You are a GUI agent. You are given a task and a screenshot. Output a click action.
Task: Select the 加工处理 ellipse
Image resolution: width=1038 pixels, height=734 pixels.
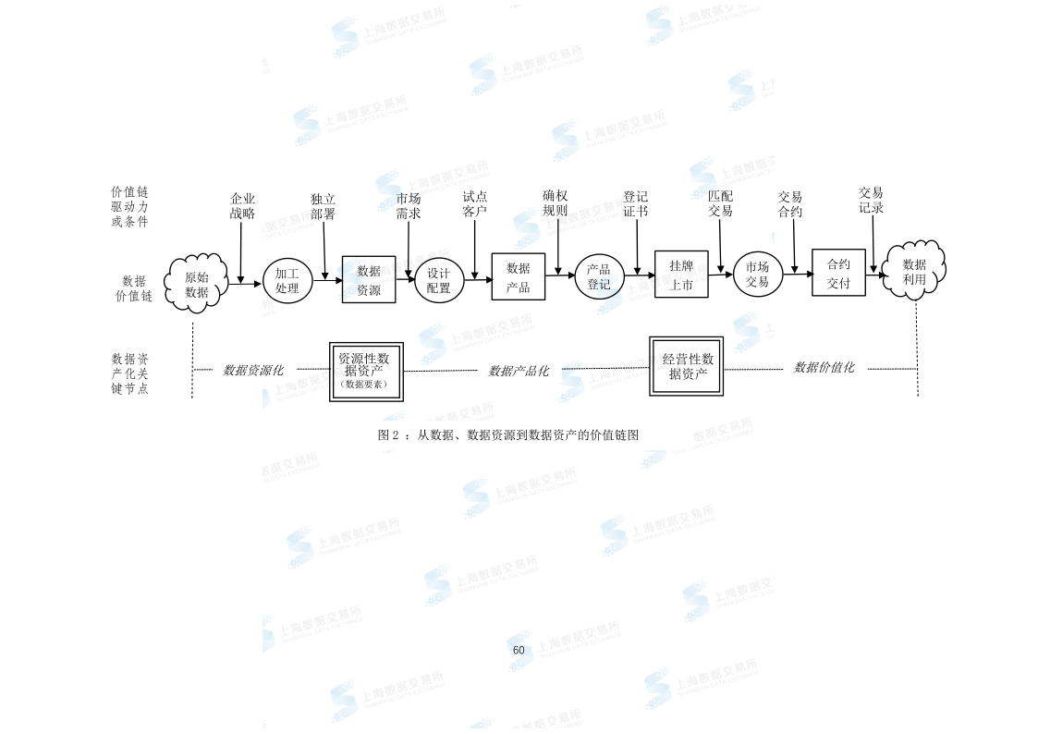(287, 281)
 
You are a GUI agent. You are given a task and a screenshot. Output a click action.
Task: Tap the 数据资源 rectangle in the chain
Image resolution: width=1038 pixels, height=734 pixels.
(369, 279)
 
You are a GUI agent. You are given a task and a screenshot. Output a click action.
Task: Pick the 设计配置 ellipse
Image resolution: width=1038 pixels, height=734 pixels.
(438, 281)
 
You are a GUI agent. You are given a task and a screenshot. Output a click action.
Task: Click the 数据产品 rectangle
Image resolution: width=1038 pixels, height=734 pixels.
(519, 276)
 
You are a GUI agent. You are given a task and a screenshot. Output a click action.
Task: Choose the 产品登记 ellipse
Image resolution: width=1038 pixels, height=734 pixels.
(599, 277)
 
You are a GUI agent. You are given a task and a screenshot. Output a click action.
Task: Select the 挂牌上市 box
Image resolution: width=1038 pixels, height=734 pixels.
(681, 275)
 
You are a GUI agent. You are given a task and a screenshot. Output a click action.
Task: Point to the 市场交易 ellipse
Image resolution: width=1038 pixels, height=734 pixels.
(758, 275)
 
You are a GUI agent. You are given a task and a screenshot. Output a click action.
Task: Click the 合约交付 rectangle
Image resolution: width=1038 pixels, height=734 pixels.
(838, 273)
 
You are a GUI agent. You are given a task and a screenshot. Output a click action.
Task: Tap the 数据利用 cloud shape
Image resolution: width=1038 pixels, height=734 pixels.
(914, 271)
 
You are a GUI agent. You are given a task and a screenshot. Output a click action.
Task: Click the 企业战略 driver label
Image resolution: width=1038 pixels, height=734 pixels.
(242, 206)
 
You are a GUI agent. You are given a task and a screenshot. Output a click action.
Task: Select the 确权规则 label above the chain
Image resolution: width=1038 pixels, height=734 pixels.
(555, 203)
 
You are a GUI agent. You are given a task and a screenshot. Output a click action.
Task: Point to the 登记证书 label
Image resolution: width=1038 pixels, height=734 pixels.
(636, 203)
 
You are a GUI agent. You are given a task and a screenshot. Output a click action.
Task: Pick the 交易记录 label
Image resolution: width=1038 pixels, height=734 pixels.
(871, 200)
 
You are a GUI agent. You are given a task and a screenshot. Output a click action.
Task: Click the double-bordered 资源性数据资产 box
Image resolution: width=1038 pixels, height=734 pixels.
(366, 372)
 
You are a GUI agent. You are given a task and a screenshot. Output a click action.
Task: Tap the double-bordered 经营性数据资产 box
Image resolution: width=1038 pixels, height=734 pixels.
(687, 366)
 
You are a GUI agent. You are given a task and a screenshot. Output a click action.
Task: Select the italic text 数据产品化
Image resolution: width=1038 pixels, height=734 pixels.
(519, 371)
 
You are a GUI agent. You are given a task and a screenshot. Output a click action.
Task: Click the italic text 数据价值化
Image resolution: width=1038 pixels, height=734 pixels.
(824, 367)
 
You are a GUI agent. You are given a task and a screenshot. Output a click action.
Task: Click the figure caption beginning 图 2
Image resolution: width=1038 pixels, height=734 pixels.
(508, 434)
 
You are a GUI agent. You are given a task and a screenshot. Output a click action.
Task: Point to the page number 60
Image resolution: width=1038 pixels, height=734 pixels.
(519, 650)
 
